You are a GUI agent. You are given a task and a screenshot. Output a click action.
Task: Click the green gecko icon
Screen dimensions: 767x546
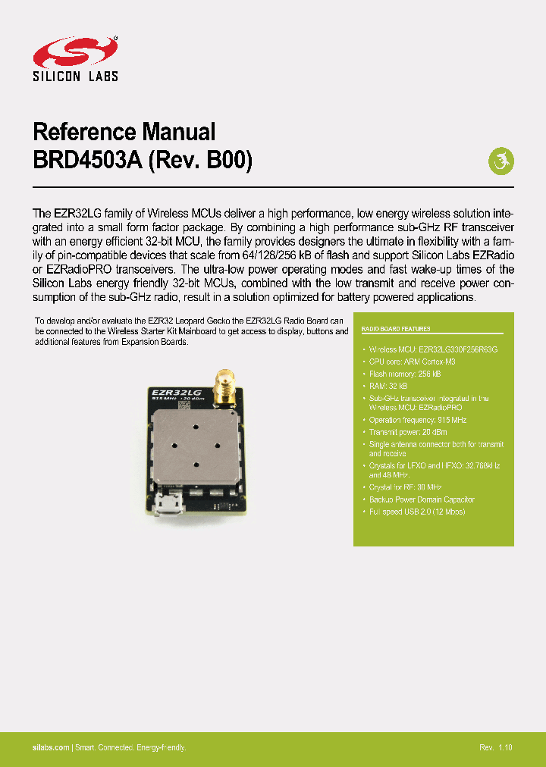pos(500,161)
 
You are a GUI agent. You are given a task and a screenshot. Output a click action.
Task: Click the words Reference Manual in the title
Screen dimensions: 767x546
pos(124,132)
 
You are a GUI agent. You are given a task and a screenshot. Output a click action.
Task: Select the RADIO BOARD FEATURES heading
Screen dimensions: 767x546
pos(396,329)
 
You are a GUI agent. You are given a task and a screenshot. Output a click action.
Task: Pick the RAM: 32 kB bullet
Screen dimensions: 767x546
pos(388,386)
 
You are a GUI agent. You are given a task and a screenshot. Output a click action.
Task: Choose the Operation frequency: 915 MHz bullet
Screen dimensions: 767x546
pos(418,419)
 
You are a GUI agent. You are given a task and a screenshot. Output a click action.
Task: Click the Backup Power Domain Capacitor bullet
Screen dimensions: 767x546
pos(422,499)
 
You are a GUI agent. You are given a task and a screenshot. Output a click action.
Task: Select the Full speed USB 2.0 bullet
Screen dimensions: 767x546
pos(417,512)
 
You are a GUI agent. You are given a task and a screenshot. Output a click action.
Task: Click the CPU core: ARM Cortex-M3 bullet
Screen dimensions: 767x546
pos(412,362)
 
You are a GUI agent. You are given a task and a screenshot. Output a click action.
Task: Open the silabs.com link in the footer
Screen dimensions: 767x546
pos(51,747)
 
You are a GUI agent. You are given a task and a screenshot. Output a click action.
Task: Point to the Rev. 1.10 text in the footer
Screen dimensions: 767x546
pos(495,747)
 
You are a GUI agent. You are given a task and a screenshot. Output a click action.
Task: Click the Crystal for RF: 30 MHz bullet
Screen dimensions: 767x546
pos(405,487)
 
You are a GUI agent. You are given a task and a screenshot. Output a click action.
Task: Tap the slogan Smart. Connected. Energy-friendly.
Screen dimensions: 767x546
pos(130,747)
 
